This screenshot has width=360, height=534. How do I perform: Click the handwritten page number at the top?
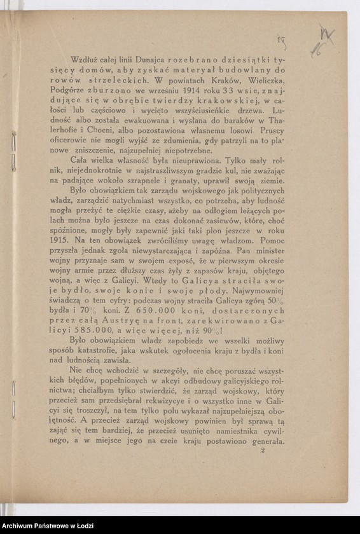pyautogui.click(x=280, y=43)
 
